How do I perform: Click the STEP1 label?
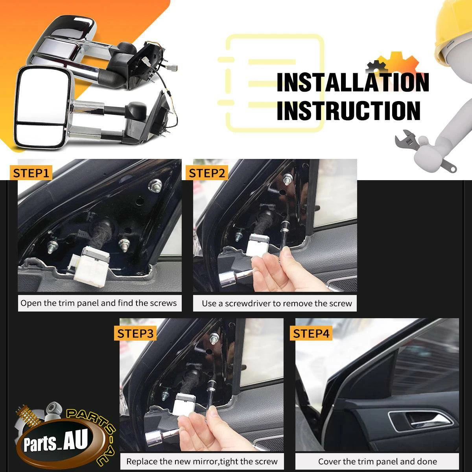[31, 173]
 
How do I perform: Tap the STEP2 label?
[207, 173]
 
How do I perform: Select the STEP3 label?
[135, 334]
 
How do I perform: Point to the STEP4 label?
[311, 334]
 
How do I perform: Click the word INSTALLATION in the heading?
[353, 83]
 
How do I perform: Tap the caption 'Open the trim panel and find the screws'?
[98, 303]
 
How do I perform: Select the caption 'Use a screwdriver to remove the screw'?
[277, 304]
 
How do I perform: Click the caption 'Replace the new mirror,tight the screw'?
[202, 461]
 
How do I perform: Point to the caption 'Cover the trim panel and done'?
[378, 461]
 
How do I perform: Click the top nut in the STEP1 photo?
[155, 185]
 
